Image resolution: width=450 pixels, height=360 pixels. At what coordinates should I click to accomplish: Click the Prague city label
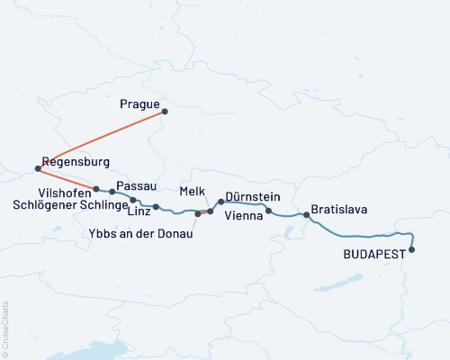tap(139, 104)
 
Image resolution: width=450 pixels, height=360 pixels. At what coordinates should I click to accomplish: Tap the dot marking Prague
tap(165, 112)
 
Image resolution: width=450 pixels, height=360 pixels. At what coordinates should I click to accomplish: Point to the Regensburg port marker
tap(37, 168)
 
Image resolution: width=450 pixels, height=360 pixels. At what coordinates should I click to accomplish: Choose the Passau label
tap(135, 184)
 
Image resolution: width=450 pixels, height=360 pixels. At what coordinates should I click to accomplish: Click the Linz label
tap(139, 212)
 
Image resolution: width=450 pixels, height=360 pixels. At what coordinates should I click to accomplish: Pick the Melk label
tap(193, 192)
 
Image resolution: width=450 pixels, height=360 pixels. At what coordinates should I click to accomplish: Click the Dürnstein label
tap(251, 196)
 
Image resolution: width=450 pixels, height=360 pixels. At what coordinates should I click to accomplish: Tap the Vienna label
tap(243, 216)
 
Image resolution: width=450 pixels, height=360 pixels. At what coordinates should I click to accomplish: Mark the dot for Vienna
tap(269, 211)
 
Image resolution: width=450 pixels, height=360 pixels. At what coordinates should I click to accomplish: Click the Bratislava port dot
tap(307, 215)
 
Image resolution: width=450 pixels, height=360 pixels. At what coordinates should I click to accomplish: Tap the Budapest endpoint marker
tap(412, 250)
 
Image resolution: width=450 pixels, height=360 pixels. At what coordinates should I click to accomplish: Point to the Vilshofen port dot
tap(95, 189)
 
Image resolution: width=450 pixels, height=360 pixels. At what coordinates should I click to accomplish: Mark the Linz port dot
tap(156, 207)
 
